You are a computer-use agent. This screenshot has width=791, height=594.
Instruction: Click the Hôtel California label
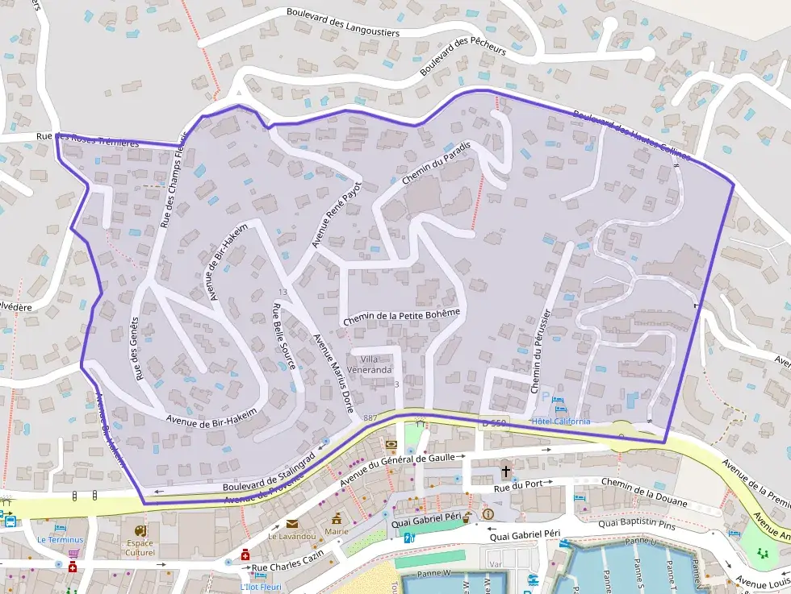pos(561,422)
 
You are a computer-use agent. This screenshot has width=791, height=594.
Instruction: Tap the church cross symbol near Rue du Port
pos(506,471)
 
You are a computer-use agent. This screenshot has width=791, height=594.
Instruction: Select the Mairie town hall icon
pos(336,518)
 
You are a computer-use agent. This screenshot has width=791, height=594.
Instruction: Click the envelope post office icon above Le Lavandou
pos(291,523)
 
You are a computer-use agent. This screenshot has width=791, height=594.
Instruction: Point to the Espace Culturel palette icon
pos(140,531)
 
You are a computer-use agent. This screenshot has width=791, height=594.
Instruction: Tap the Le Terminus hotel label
pos(60,539)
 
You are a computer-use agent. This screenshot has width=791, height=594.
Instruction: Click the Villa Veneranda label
pos(375,364)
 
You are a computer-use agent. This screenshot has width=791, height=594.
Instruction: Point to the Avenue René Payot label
pos(337,214)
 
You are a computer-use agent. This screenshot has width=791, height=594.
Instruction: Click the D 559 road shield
pos(493,423)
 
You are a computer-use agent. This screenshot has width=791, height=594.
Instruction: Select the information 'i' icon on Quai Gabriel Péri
pos(488,513)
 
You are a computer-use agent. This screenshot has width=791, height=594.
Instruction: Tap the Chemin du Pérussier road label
pos(541,351)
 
